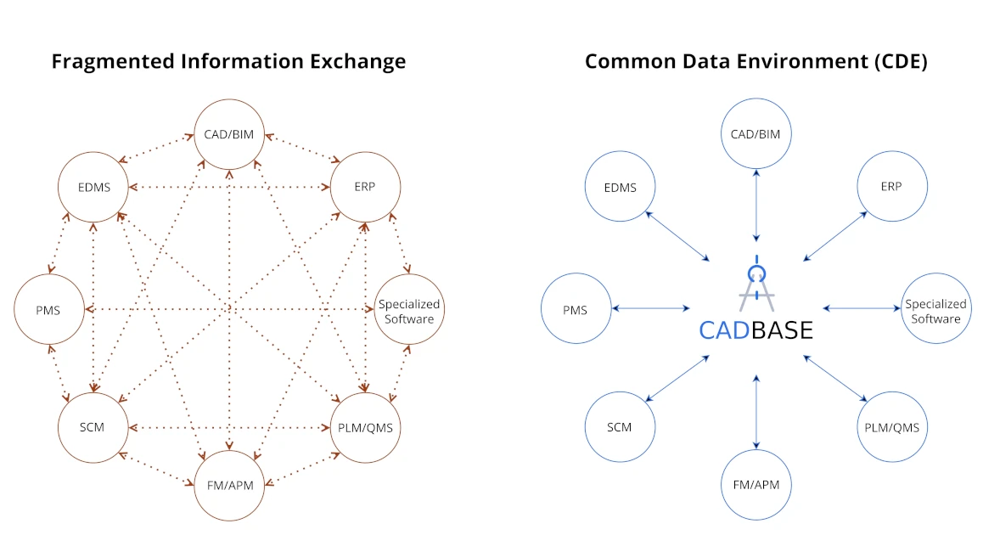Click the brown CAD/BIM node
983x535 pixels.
(x=229, y=134)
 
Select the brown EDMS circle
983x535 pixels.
(x=92, y=187)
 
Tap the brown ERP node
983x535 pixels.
(x=365, y=187)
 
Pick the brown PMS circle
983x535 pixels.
(x=48, y=310)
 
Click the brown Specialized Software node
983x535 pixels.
(x=409, y=310)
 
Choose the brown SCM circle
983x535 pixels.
(x=92, y=427)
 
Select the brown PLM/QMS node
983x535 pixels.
(x=365, y=427)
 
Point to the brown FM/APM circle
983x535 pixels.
(x=229, y=486)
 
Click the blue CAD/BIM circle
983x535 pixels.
(x=756, y=134)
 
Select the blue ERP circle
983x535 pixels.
(x=891, y=187)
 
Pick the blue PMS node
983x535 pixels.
(x=576, y=310)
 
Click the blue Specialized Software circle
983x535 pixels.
(x=935, y=310)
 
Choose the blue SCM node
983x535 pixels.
(x=620, y=427)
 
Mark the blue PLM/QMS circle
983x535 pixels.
(x=891, y=427)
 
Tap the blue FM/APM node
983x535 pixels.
(x=756, y=486)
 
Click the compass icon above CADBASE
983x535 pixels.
(x=756, y=284)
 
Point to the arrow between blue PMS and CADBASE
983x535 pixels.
(x=650, y=308)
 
